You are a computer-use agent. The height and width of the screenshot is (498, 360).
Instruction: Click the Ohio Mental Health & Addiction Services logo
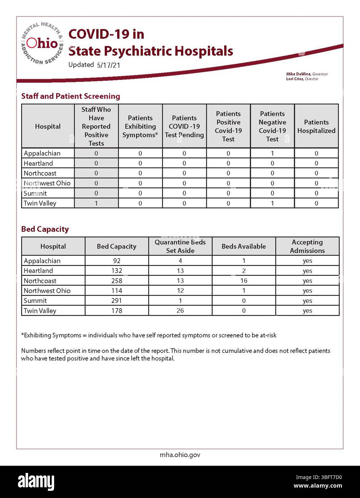pyautogui.click(x=42, y=43)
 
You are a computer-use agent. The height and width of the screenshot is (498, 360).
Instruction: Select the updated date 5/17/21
pyautogui.click(x=108, y=65)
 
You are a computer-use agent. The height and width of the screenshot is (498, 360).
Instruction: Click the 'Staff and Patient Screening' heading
pyautogui.click(x=71, y=96)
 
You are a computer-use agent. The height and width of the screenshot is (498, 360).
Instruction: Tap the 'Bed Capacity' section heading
pyautogui.click(x=45, y=229)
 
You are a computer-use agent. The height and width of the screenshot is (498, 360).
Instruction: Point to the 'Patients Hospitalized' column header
pyautogui.click(x=316, y=126)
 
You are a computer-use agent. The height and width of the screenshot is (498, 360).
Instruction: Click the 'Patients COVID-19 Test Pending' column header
pyautogui.click(x=184, y=126)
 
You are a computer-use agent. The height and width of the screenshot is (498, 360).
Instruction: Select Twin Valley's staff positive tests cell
pyautogui.click(x=96, y=203)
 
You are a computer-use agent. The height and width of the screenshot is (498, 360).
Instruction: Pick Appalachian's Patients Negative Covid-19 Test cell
pyautogui.click(x=272, y=153)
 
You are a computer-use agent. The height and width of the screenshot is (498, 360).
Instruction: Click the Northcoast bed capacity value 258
pyautogui.click(x=117, y=281)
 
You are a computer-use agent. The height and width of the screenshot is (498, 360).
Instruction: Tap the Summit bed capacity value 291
pyautogui.click(x=117, y=301)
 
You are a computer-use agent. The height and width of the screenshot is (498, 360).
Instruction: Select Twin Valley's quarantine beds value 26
pyautogui.click(x=180, y=311)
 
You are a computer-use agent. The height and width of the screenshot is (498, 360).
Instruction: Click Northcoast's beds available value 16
pyautogui.click(x=244, y=281)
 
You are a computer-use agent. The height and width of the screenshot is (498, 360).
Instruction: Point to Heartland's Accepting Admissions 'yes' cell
pyautogui.click(x=307, y=271)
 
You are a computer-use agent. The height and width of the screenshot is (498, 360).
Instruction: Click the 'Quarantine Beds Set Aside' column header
pyautogui.click(x=180, y=246)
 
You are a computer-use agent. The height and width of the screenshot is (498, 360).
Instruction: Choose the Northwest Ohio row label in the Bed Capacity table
pyautogui.click(x=47, y=291)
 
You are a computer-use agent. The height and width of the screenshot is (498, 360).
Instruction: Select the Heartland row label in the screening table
pyautogui.click(x=38, y=163)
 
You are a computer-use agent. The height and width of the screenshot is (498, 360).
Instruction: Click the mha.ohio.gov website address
pyautogui.click(x=180, y=455)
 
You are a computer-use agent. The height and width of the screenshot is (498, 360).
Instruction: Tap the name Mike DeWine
pyautogui.click(x=298, y=74)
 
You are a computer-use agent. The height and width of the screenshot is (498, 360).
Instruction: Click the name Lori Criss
pyautogui.click(x=295, y=79)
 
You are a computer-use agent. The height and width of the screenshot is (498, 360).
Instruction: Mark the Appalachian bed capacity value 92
pyautogui.click(x=117, y=261)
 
